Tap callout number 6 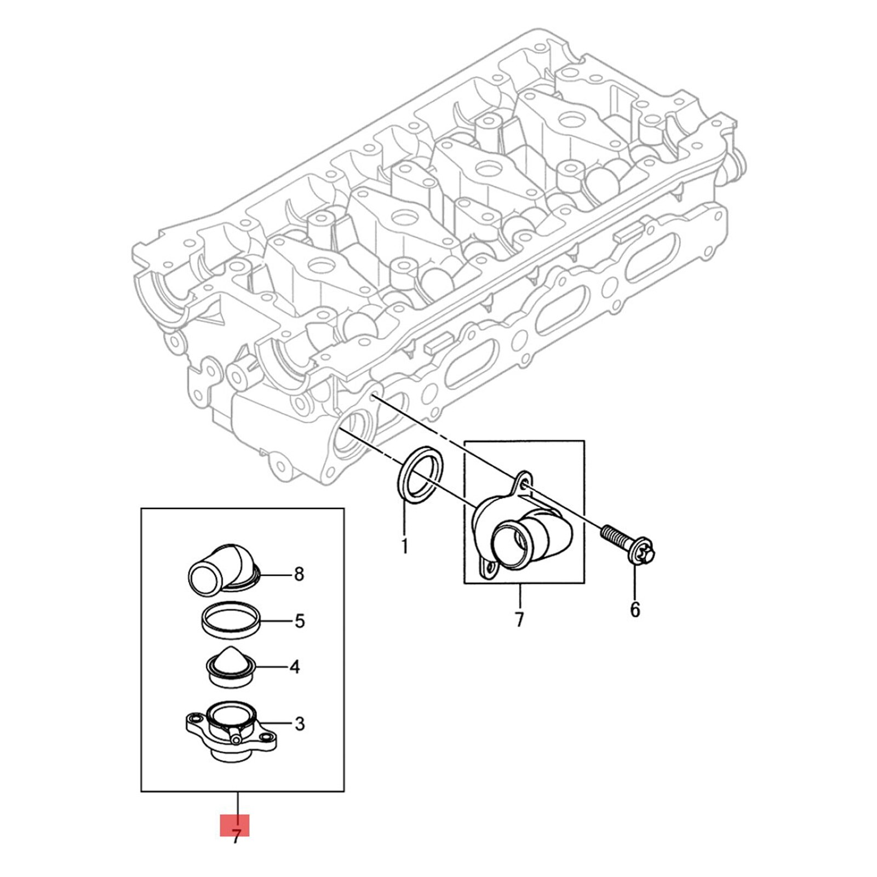tap(635, 609)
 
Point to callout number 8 tap(299, 574)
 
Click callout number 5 tap(299, 621)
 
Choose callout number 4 tap(295, 667)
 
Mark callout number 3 tap(299, 724)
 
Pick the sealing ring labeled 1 tap(419, 473)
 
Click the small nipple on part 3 tap(236, 740)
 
